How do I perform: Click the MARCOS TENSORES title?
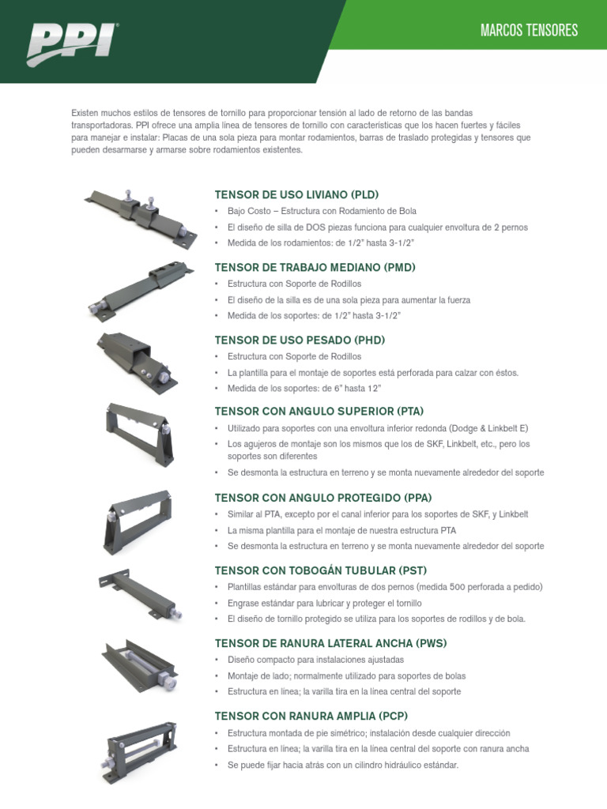529,31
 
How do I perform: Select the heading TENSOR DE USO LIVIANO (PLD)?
296,194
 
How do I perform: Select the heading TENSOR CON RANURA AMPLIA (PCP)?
311,716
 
